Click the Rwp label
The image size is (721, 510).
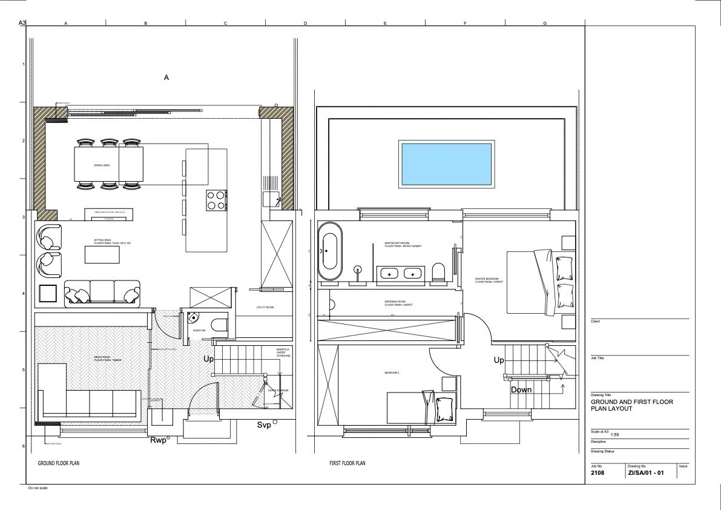tap(158, 440)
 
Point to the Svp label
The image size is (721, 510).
tap(264, 425)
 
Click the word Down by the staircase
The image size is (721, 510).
tap(521, 389)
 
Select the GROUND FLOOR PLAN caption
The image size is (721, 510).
tap(59, 463)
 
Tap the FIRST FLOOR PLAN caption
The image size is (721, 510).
tap(347, 463)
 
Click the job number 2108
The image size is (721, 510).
tap(598, 472)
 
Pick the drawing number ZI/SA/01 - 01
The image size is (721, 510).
tap(647, 472)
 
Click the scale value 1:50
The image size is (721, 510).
tap(616, 435)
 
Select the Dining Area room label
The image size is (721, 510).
tap(102, 165)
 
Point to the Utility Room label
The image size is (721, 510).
tap(265, 308)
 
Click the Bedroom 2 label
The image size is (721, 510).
tap(392, 373)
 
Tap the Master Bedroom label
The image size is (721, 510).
tap(489, 280)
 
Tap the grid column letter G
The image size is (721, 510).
tap(545, 23)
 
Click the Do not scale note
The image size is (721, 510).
tap(38, 488)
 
